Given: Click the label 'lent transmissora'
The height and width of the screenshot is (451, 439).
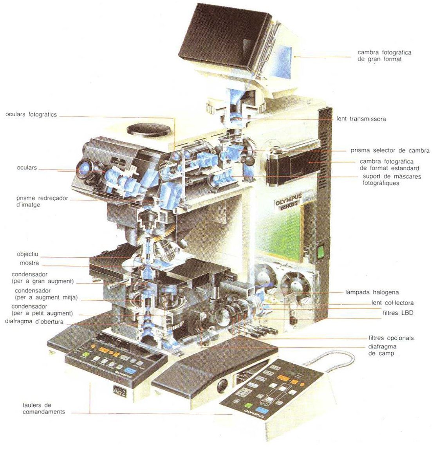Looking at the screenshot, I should click(361, 119).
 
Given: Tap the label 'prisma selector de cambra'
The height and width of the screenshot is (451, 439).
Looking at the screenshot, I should click(390, 150).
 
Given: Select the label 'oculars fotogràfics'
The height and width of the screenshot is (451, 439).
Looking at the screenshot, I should click(31, 115).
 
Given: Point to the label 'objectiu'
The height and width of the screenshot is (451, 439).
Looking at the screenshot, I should click(27, 254).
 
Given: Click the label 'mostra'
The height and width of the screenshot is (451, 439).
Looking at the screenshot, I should click(29, 263).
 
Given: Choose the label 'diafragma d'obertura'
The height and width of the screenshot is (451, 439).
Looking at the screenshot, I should click(34, 322).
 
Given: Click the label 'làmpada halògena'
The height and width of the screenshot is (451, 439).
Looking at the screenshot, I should click(372, 292).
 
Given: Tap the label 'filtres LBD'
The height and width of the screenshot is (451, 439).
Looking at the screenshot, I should click(398, 313).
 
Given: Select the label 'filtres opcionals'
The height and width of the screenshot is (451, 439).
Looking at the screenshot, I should click(391, 338).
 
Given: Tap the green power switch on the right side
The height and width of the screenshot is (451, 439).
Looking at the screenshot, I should click(321, 252).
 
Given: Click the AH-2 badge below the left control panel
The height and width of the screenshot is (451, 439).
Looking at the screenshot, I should click(117, 391).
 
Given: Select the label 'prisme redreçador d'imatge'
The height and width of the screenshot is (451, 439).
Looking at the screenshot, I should click(42, 201).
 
